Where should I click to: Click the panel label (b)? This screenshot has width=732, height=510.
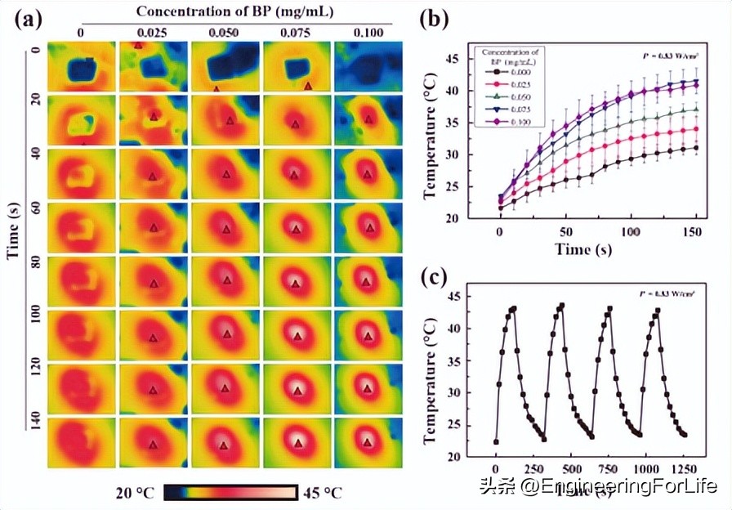pyautogui.click(x=433, y=20)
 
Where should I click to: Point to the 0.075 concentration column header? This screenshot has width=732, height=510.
pyautogui.click(x=296, y=32)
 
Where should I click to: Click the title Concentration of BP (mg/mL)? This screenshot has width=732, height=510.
pyautogui.click(x=223, y=11)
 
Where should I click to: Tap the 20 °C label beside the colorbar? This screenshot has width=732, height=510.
pyautogui.click(x=135, y=493)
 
